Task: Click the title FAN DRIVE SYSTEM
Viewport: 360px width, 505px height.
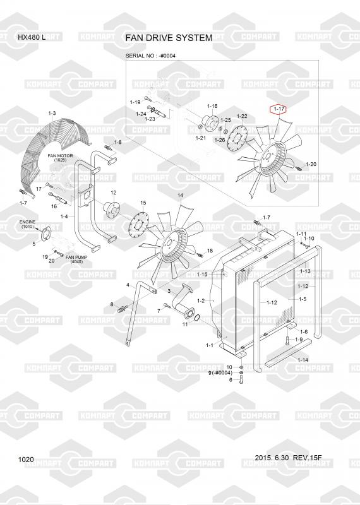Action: (169, 38)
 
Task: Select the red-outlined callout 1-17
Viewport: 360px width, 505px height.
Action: (279, 109)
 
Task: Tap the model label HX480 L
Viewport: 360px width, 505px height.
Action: (32, 37)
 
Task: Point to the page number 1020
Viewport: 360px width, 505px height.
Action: (26, 460)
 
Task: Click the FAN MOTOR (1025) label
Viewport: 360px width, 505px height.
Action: (60, 158)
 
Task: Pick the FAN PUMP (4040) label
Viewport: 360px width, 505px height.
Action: (76, 259)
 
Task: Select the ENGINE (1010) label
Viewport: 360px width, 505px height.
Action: (27, 225)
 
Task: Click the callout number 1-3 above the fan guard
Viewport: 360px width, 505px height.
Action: (52, 113)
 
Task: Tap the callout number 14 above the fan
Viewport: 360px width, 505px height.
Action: (180, 195)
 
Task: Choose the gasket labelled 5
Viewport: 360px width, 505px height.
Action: (47, 234)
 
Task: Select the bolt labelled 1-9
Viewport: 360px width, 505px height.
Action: (287, 340)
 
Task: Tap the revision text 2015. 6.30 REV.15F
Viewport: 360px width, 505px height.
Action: (288, 458)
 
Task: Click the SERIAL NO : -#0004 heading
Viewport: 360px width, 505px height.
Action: (150, 56)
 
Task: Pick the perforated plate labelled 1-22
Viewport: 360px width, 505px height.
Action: (237, 140)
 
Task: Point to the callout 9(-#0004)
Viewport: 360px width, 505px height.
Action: (220, 373)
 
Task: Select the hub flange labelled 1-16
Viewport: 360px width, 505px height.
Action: (210, 122)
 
